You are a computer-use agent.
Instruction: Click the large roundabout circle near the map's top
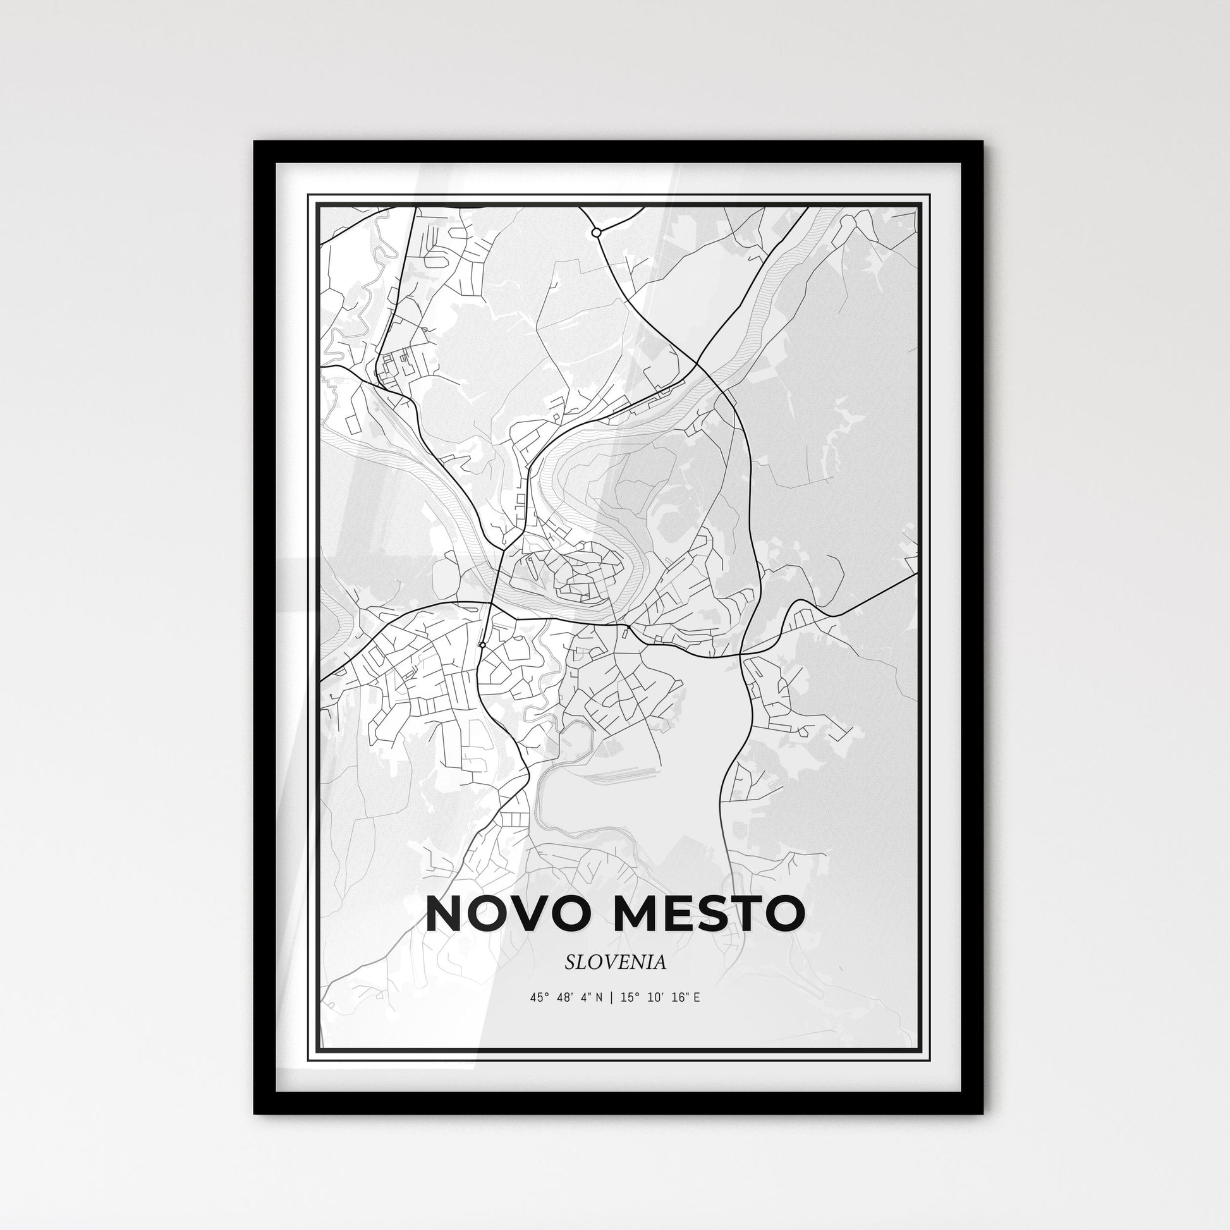[x=596, y=233]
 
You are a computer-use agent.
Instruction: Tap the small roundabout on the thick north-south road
[x=482, y=645]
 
